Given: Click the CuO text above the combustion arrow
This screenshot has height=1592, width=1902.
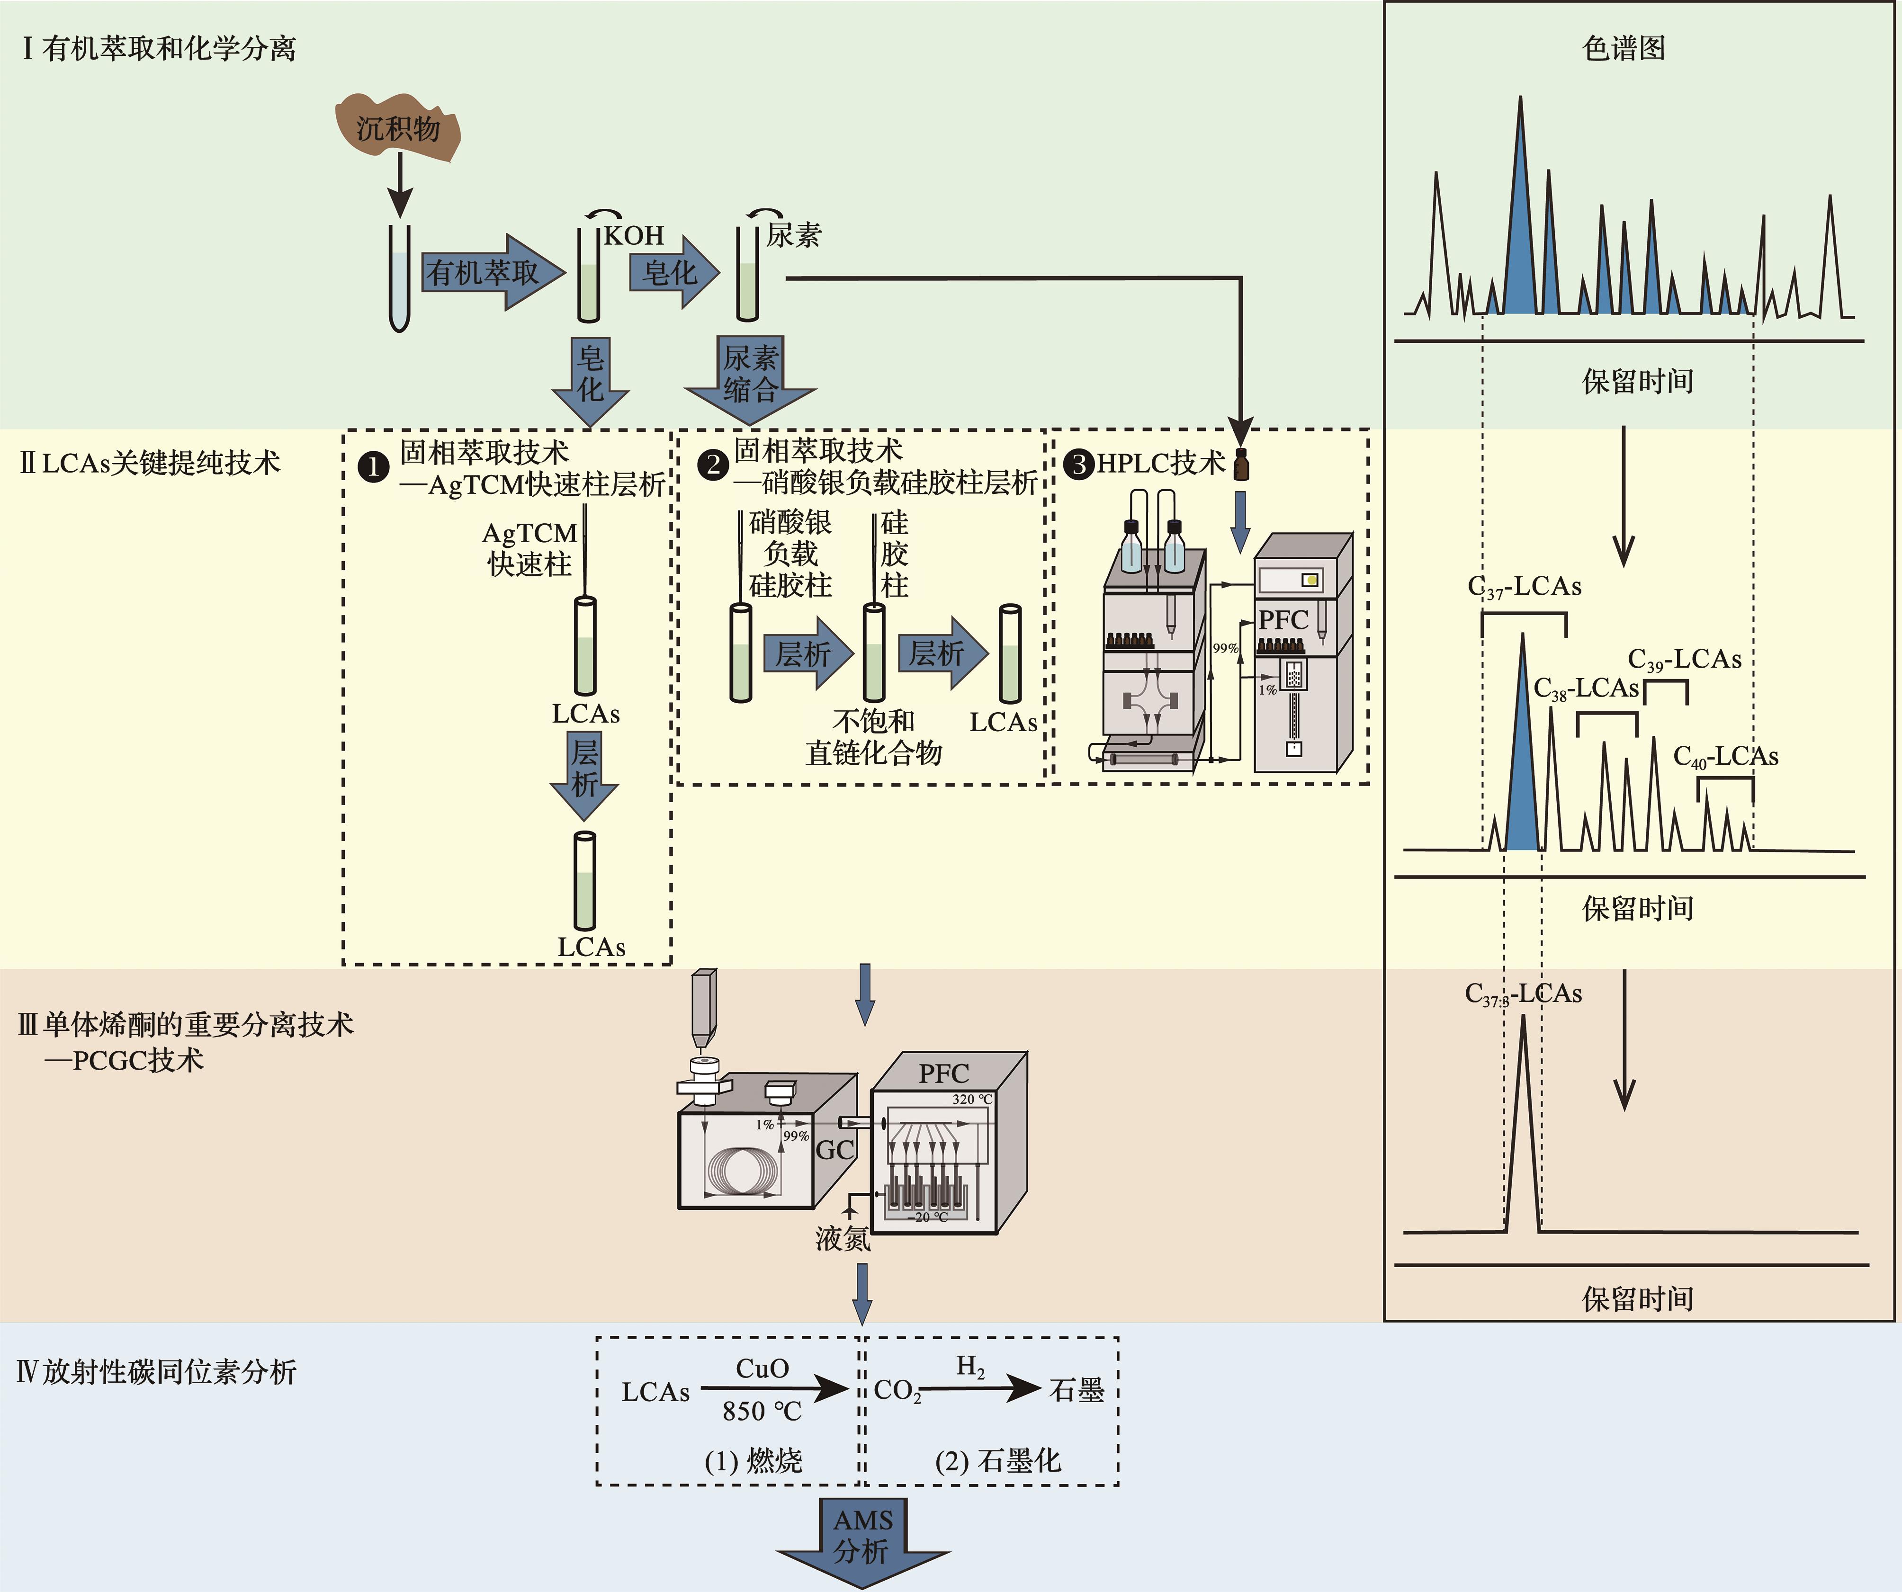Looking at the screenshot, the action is (762, 1368).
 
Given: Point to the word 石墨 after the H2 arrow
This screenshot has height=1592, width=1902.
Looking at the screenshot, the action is (1077, 1390).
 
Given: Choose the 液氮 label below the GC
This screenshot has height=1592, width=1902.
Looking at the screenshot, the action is (843, 1239).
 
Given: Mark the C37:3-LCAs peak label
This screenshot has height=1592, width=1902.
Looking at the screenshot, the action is (1524, 994).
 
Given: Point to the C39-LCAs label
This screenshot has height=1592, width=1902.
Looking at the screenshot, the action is (1685, 659).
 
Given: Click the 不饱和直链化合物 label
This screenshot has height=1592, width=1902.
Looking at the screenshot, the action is (874, 736).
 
